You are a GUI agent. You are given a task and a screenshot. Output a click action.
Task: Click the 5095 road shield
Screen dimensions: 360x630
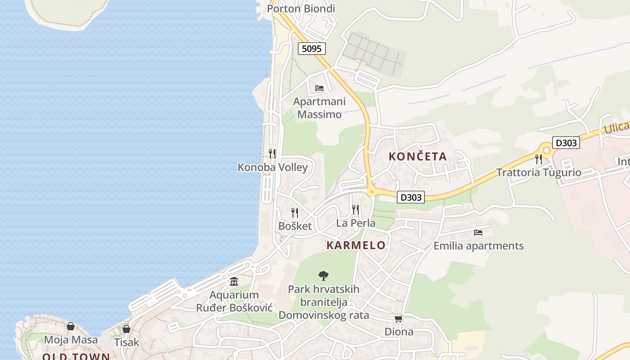coord(311,48)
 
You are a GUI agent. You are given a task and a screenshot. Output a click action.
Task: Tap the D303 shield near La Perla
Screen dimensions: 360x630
coord(411,197)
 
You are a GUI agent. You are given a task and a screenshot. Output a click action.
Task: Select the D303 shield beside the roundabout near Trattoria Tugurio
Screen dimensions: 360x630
coord(566,143)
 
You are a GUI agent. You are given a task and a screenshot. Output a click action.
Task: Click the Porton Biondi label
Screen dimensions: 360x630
coord(301,9)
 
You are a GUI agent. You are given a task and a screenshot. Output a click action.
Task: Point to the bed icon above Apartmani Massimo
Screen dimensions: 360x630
coord(319,88)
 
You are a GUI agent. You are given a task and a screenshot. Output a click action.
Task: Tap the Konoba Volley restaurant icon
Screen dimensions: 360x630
coord(272,154)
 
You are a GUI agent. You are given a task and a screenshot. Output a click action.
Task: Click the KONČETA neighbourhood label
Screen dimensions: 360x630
coord(418,157)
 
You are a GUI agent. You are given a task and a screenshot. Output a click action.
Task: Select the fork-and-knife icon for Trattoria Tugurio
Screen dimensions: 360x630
coord(539,159)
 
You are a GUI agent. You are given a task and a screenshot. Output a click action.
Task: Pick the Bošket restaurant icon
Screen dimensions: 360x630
coord(295,212)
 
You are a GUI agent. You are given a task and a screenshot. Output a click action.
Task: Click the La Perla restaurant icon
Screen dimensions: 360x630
coord(355,210)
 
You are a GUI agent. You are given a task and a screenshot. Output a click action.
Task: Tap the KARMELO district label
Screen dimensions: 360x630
coord(356,245)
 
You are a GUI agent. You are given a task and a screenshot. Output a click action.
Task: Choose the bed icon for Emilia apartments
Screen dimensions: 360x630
coord(478,233)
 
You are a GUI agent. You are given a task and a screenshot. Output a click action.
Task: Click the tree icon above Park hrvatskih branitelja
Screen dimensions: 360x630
coord(323,276)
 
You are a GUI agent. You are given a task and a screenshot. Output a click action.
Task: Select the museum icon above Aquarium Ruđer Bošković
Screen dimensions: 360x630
coord(234,282)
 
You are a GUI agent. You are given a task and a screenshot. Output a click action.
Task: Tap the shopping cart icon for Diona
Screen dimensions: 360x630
coord(398,319)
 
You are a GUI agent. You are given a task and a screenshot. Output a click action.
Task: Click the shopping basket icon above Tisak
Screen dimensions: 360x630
coord(126,329)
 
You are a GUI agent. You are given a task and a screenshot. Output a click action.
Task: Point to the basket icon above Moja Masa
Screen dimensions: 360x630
coord(71,326)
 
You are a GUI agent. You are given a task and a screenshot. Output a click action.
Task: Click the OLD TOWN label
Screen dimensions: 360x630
coord(76,357)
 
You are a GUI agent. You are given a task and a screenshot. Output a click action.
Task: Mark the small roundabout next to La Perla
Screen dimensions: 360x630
coord(371,192)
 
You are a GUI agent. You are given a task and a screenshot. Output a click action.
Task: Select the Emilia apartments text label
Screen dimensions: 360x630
coord(478,246)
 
